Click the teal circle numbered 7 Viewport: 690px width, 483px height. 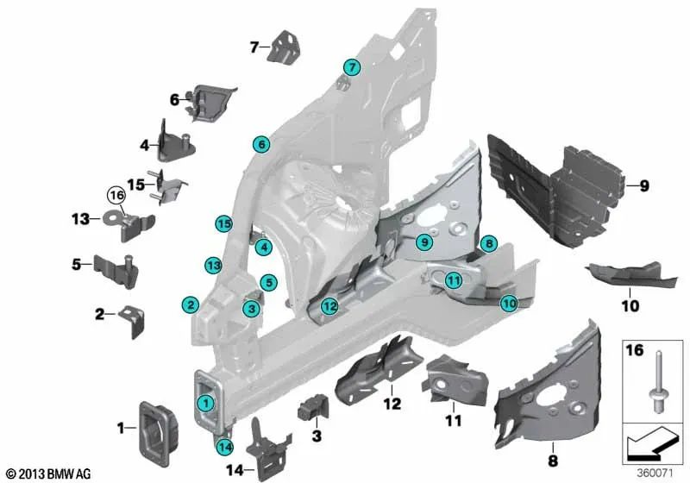(x=351, y=67)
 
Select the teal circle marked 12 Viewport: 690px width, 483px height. (x=329, y=304)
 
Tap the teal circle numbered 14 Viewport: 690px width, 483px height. (x=225, y=446)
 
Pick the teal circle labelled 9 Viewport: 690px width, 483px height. (x=423, y=244)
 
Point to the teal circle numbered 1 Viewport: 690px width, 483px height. (x=205, y=403)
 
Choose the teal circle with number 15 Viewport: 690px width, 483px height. (x=224, y=223)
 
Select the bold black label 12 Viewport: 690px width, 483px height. (x=392, y=404)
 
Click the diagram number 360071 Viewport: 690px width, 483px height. (x=653, y=473)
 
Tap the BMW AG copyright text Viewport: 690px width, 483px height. (x=47, y=474)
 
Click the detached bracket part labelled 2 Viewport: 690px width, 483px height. (x=134, y=320)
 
